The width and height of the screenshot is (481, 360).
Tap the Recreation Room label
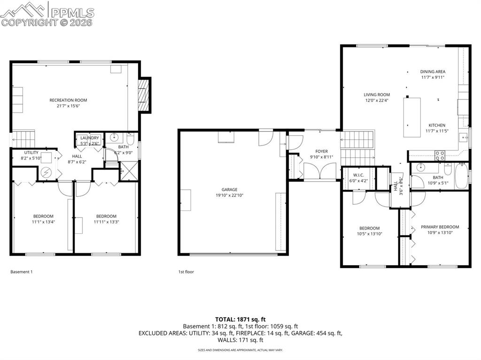(68, 100)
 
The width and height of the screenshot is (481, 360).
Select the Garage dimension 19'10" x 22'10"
(229, 195)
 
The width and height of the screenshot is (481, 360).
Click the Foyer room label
(321, 151)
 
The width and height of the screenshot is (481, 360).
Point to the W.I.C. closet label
(358, 175)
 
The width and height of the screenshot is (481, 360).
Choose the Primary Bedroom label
(440, 227)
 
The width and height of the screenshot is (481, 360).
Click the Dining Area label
(432, 72)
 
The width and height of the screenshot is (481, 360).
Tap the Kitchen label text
(436, 125)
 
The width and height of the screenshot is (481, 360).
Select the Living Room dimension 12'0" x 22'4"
(377, 100)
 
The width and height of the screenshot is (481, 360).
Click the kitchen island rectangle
(412, 117)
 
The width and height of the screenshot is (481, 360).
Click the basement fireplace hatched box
(143, 95)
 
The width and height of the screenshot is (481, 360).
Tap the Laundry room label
(90, 138)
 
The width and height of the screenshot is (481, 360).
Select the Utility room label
(31, 153)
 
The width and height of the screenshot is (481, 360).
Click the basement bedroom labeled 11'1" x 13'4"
(43, 219)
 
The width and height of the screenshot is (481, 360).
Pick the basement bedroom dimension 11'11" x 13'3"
(106, 222)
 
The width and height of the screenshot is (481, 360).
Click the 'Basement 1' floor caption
(22, 272)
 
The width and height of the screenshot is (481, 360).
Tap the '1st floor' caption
(186, 272)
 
